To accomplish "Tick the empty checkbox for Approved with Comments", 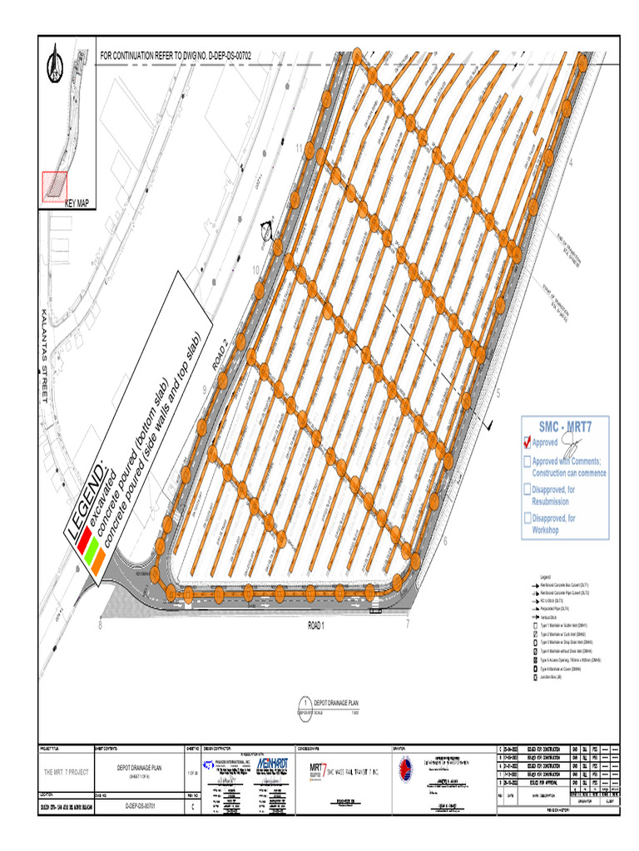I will click(527, 462).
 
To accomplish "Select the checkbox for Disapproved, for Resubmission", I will click(527, 490).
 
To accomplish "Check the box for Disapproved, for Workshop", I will click(527, 519).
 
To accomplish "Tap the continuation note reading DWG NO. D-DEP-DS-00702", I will click(175, 56).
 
